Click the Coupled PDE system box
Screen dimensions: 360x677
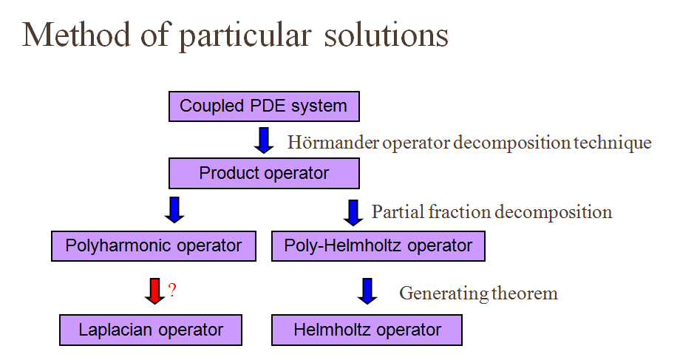[x=264, y=106]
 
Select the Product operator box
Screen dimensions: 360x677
[x=264, y=174]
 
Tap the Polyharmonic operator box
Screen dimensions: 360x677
[x=154, y=245]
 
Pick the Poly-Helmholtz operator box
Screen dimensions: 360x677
[x=378, y=245]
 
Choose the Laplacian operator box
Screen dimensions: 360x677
[x=151, y=330]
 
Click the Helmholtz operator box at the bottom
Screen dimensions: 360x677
[x=367, y=330]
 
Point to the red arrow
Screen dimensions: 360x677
[x=154, y=291]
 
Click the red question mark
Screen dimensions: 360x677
[x=172, y=290]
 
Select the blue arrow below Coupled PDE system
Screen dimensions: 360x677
[x=264, y=140]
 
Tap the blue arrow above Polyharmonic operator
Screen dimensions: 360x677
[x=174, y=209]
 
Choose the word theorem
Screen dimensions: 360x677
[x=525, y=293]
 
